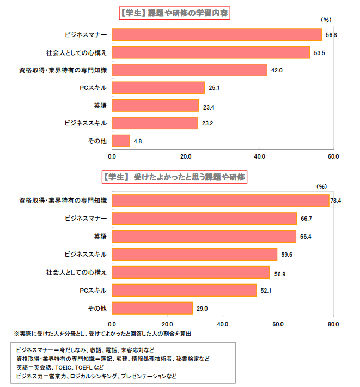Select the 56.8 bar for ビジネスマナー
(x=217, y=35)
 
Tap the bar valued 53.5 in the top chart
(x=211, y=53)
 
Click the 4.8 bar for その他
(x=121, y=141)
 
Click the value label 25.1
(x=213, y=88)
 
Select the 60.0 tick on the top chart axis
(x=333, y=156)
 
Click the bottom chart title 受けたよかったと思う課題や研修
(x=174, y=177)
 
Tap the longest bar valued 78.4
(x=221, y=201)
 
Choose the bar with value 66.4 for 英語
(x=204, y=237)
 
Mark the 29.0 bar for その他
(x=152, y=308)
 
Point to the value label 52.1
(x=265, y=291)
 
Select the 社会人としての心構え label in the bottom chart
(x=76, y=272)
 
